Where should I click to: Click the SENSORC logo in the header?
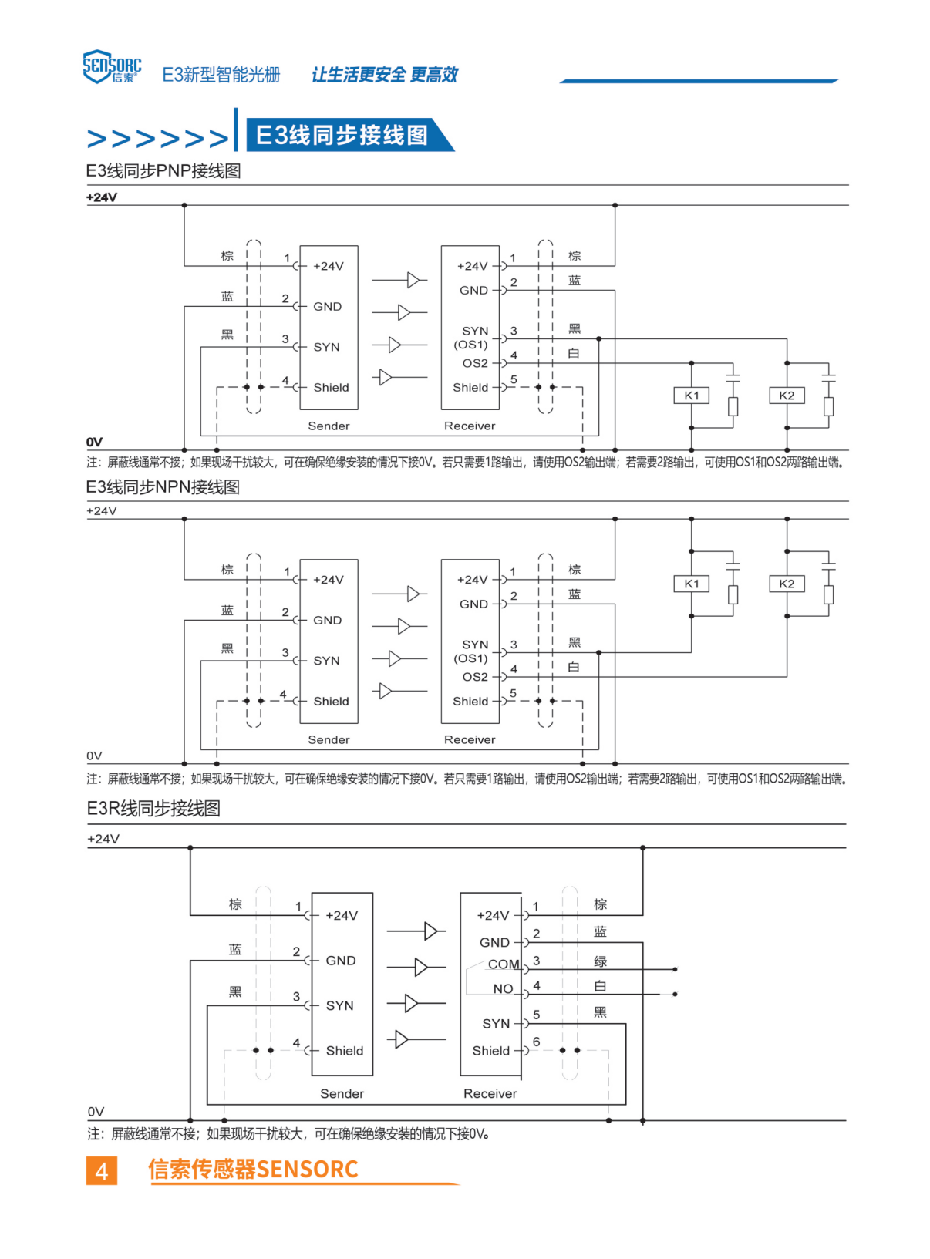click(x=112, y=66)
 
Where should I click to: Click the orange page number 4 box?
click(x=102, y=1170)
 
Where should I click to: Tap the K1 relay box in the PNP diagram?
click(x=691, y=396)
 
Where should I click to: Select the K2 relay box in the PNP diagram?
click(x=787, y=396)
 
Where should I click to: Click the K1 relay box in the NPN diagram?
click(x=691, y=584)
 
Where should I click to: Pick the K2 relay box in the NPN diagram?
click(x=787, y=584)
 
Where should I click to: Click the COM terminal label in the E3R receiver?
click(x=503, y=964)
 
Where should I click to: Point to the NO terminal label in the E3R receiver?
click(x=503, y=989)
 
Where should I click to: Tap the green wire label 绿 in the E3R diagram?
click(x=600, y=961)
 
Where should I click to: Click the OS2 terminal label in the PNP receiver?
click(x=475, y=363)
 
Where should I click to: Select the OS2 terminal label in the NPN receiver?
click(x=475, y=677)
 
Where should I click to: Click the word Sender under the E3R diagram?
click(x=342, y=1094)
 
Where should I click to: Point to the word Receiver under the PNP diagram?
click(x=470, y=426)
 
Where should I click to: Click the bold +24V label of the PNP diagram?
click(x=102, y=197)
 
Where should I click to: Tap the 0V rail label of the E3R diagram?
click(x=96, y=1112)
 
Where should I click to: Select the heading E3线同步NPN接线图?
click(x=163, y=487)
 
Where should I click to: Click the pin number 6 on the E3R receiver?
click(x=536, y=1042)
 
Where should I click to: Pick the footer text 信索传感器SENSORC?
click(x=253, y=1170)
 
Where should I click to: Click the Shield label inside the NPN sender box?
click(x=331, y=701)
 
